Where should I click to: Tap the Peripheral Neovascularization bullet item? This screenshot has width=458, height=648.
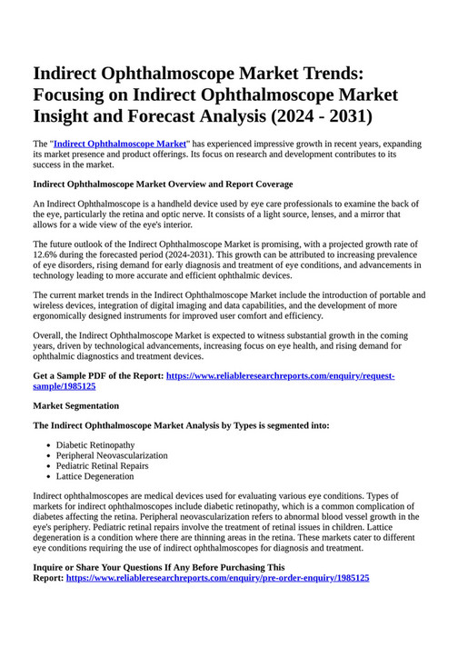point(112,454)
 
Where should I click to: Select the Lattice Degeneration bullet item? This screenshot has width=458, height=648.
point(95,476)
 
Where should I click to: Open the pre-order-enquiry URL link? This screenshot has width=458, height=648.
point(217,577)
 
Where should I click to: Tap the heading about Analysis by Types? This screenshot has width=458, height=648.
point(181,424)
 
